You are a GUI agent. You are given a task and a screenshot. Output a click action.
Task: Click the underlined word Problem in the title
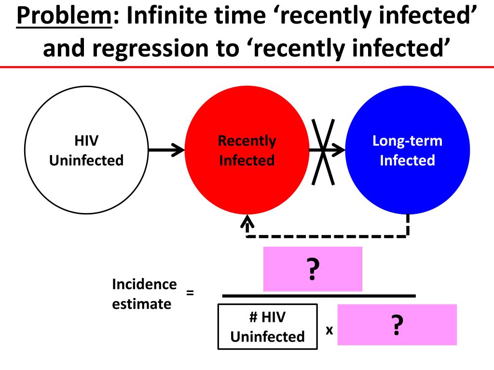63,17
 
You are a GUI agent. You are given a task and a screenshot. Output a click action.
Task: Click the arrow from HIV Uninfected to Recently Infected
166,150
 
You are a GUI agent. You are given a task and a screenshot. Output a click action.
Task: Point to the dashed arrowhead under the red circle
248,222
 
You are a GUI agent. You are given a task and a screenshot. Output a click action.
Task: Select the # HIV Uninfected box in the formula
268,327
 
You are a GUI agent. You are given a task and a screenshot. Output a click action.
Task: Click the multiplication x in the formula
329,330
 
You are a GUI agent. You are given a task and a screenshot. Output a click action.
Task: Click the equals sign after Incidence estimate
190,292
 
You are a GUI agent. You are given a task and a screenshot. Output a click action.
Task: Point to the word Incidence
144,284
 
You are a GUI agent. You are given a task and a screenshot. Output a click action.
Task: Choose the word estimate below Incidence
141,304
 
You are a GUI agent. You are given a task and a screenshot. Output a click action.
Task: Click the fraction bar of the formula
318,296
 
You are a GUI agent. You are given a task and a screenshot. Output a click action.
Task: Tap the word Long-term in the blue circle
407,141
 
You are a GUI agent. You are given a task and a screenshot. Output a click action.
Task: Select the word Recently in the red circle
247,141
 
